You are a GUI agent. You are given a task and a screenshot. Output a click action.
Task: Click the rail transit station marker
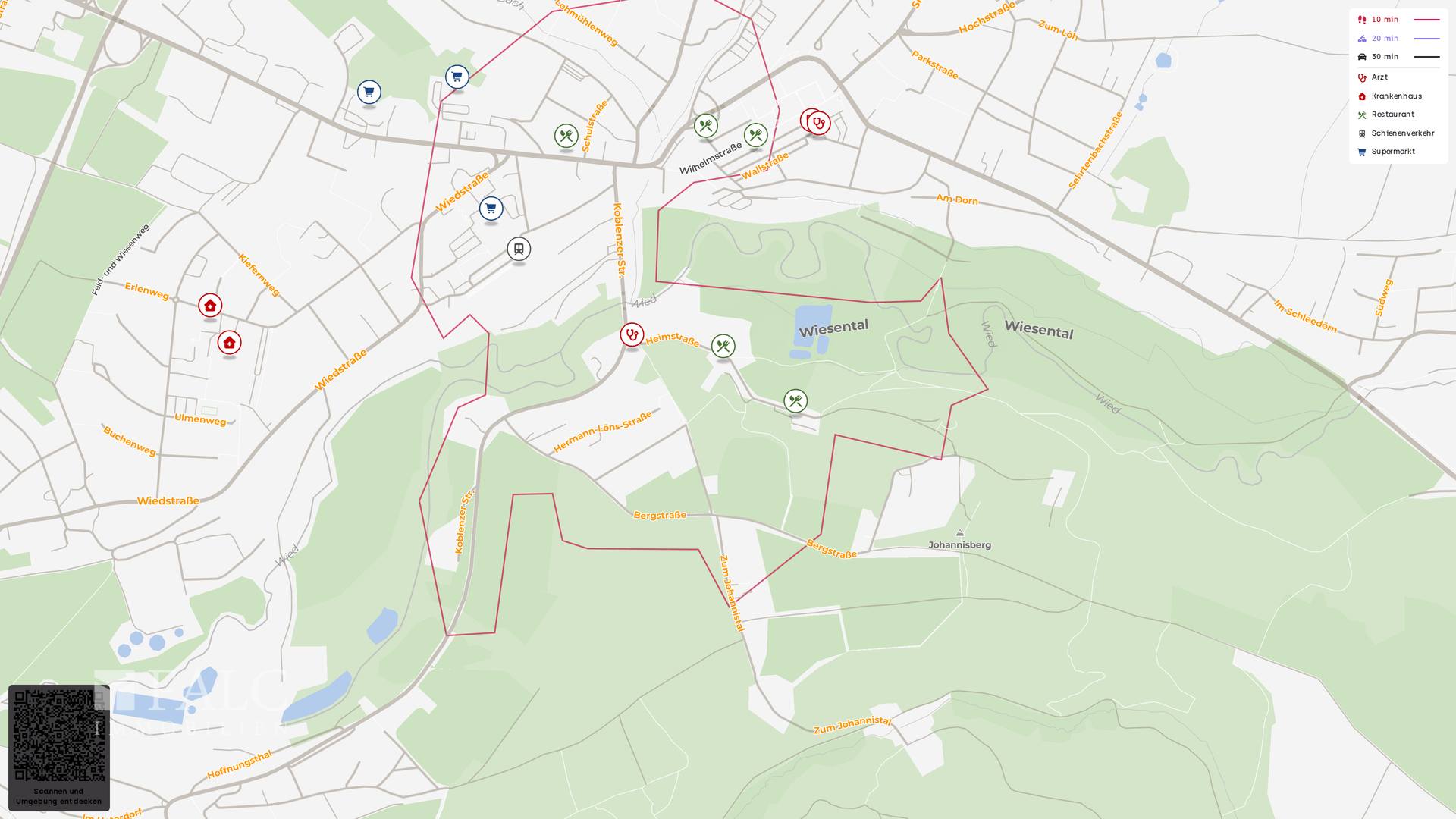tap(519, 249)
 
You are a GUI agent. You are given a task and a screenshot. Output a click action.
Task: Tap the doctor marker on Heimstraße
tap(632, 334)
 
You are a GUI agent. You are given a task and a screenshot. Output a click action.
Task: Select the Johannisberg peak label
tap(959, 544)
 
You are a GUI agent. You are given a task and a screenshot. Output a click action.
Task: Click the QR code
tap(59, 736)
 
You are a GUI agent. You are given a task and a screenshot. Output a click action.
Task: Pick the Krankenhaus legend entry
tap(1396, 96)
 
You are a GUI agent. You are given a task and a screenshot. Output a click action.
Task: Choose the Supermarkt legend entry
tap(1392, 152)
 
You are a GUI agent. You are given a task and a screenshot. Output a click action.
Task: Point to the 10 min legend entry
tap(1385, 20)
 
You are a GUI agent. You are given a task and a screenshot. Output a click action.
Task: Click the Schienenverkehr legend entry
tap(1402, 133)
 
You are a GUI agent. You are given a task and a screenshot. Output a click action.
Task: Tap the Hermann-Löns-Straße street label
tap(602, 432)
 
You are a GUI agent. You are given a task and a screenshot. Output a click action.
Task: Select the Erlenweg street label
tap(147, 290)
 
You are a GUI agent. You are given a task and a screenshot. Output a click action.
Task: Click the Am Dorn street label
tap(956, 199)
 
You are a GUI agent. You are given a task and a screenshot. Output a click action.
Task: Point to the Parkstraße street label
tap(934, 65)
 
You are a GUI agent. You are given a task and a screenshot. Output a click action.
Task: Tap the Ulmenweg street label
tap(200, 419)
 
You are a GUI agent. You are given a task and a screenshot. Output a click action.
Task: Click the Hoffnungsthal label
tap(239, 764)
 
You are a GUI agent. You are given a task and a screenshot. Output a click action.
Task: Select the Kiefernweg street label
tap(259, 275)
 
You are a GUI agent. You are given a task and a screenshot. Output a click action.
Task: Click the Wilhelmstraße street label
tap(710, 158)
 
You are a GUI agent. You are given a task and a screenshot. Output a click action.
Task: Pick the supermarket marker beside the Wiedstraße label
tap(491, 209)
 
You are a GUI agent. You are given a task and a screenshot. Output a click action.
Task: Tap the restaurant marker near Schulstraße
tap(566, 136)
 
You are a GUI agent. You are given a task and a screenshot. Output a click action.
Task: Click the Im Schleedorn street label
tap(1304, 316)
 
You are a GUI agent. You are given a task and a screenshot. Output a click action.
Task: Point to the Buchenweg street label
tap(130, 441)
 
